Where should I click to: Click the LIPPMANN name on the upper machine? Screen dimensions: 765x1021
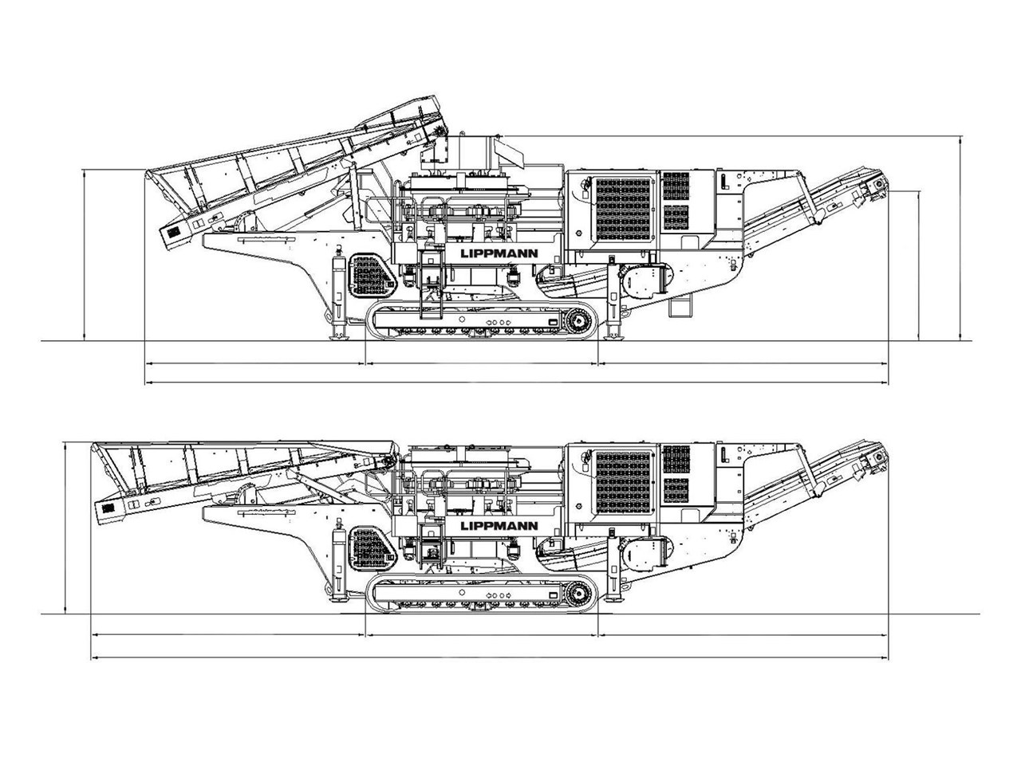point(499,253)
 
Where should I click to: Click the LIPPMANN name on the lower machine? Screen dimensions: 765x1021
point(499,526)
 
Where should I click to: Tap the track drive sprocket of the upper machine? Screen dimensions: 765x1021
point(580,322)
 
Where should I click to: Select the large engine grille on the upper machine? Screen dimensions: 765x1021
point(623,207)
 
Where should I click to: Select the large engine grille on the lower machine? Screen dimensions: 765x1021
point(623,481)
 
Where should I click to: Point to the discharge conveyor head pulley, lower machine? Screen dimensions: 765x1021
point(878,458)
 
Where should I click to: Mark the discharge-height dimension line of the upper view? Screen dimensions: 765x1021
point(920,265)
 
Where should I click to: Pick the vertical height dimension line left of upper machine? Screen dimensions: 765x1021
point(85,255)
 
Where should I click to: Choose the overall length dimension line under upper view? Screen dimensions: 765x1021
point(516,383)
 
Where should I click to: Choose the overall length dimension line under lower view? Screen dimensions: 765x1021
point(490,657)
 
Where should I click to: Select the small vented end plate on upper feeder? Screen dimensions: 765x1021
point(171,233)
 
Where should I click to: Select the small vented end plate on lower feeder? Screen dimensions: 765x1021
point(106,508)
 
